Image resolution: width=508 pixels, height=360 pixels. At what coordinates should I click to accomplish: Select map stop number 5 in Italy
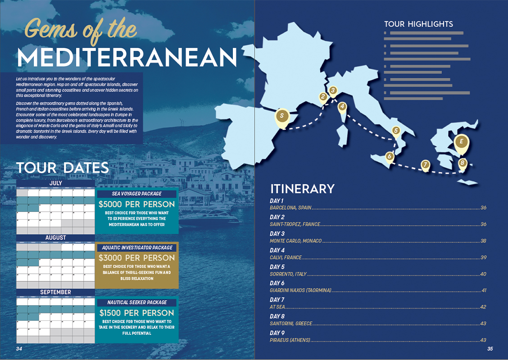pos(396,131)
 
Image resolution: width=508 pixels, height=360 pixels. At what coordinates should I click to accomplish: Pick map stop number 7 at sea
pos(425,165)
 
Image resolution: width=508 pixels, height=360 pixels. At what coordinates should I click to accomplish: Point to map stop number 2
pos(323,96)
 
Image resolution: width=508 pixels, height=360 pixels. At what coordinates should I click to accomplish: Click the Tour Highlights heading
pos(418,24)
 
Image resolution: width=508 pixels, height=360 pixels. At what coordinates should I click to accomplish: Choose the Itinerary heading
pos(302,189)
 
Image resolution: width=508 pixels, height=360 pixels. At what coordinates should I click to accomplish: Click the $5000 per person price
pos(137,204)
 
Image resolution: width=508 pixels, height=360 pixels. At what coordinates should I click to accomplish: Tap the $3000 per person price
pos(137,258)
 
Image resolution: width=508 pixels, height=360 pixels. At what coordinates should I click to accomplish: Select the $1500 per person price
pos(137,313)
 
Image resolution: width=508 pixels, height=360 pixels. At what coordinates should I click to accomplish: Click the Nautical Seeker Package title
pos(137,302)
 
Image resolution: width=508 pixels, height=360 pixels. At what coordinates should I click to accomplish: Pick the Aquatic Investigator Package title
pos(137,247)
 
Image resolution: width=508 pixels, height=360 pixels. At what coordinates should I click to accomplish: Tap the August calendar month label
pos(56,238)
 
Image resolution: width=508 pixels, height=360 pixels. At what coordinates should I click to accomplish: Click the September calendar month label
pos(56,292)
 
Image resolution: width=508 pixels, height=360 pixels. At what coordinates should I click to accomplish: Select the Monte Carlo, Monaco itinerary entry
pos(295,241)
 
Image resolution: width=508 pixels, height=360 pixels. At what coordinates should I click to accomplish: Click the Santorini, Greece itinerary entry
pos(290,324)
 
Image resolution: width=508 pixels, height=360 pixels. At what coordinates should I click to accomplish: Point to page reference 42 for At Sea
pos(483,307)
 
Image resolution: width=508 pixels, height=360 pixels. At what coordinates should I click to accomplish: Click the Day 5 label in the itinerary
pos(277,267)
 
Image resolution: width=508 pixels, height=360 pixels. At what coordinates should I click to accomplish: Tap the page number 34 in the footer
pos(19,349)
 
